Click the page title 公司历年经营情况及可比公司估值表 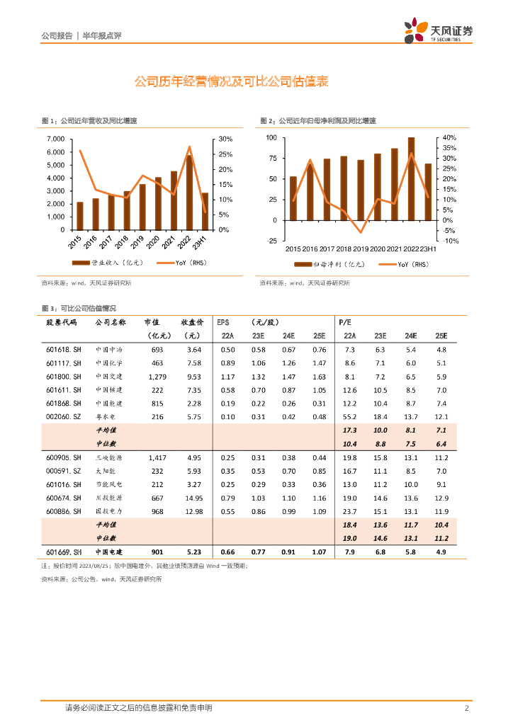click(231, 82)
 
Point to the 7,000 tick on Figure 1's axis click(55, 139)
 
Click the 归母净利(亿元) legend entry click(330, 264)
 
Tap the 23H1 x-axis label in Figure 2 click(427, 249)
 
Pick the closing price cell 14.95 click(192, 498)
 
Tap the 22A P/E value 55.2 click(349, 417)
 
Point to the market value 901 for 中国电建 click(157, 552)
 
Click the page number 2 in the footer click(466, 708)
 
